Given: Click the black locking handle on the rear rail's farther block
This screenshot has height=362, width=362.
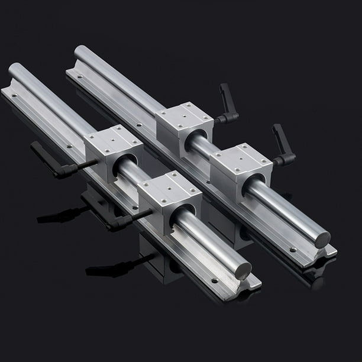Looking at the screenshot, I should tap(228, 102).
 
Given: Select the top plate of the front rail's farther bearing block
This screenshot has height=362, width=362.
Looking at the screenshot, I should tap(112, 139).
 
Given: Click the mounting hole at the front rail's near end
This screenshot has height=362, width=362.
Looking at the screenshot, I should tap(214, 281).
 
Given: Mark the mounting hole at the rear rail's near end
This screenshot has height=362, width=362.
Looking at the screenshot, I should tap(293, 249).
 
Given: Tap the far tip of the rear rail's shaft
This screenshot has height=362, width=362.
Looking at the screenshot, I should tap(80, 51).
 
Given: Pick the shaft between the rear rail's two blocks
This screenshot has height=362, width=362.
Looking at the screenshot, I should tap(201, 146).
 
